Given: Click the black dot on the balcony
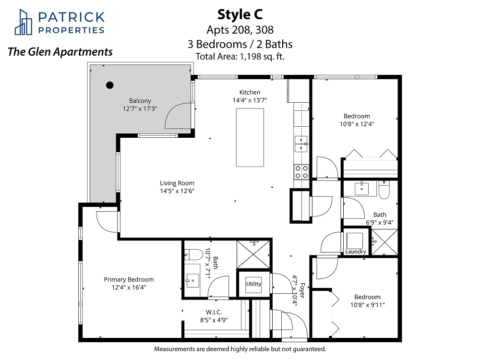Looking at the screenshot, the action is (109, 85).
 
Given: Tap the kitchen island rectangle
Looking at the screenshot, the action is (250, 137).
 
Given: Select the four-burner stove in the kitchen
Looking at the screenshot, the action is (301, 172).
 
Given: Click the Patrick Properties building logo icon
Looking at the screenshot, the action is (23, 22).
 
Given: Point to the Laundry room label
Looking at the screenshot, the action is (355, 252).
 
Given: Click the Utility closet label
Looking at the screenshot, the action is (253, 284).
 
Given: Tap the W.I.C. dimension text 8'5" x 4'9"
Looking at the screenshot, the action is (214, 320).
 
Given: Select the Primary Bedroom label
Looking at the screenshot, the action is (129, 279).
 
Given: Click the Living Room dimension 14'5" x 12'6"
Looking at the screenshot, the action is (177, 191).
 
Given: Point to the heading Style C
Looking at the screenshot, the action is (240, 14).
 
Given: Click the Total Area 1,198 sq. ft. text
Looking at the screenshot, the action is (240, 56).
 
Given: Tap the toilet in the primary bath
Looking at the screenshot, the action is (193, 254).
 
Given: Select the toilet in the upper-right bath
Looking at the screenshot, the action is (384, 190).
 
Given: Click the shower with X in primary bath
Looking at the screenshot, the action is (253, 254).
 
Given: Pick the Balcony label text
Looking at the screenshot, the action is (140, 101).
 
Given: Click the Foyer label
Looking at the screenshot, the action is (302, 290).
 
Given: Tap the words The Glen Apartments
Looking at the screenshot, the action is (60, 52).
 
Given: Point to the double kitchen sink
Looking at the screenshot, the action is (301, 144).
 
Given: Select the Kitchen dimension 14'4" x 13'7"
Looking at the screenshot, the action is (250, 100).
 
